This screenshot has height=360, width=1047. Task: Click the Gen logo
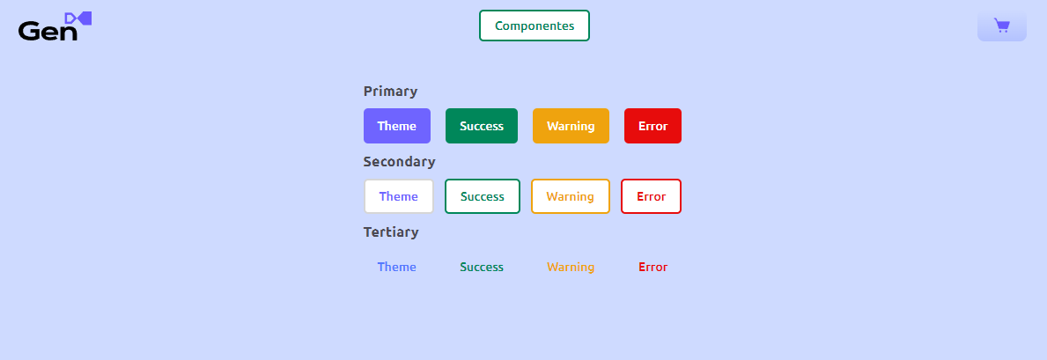(55, 26)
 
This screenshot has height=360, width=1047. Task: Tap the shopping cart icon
(1001, 26)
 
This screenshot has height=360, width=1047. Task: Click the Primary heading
(391, 92)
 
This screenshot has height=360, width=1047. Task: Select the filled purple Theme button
(396, 126)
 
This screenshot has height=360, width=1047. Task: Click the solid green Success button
(482, 126)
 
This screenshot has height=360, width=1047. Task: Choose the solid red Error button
(653, 126)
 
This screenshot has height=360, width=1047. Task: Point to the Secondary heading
(399, 162)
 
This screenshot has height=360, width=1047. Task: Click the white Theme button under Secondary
(399, 196)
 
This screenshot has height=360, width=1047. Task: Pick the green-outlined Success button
(482, 196)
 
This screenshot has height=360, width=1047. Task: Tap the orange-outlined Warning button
(571, 196)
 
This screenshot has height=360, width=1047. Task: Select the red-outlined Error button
(651, 196)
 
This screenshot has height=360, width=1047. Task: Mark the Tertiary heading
(391, 232)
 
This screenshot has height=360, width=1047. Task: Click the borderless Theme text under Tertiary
(396, 268)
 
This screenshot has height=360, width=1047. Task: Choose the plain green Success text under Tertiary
(482, 268)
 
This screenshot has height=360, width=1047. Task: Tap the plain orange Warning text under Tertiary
(571, 268)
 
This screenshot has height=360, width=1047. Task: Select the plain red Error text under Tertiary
(653, 268)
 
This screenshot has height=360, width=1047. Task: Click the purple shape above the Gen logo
(78, 18)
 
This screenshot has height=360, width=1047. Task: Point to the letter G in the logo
(30, 31)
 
